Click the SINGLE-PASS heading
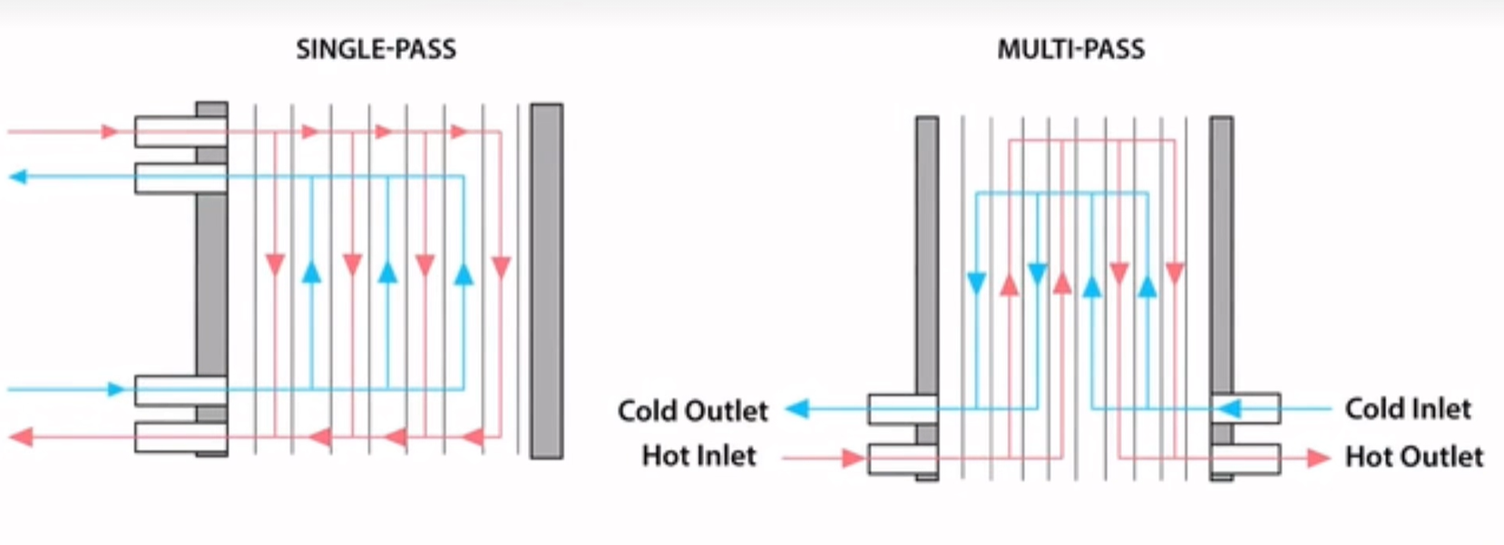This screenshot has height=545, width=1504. [376, 49]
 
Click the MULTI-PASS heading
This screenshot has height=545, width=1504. [1070, 49]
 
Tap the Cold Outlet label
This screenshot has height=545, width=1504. [692, 411]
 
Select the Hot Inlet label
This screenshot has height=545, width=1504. [698, 455]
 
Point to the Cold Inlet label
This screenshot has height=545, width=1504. [1407, 409]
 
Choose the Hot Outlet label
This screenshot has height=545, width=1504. [1413, 456]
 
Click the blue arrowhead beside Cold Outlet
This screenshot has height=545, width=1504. [797, 409]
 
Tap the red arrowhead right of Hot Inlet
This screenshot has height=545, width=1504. [853, 458]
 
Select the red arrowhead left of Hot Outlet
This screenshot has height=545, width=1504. [1318, 458]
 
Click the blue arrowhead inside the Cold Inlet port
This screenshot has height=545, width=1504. [1229, 409]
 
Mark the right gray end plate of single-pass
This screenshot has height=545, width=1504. [546, 280]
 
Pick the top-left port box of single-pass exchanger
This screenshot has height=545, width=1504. [180, 131]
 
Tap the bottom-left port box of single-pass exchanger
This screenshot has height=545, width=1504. [180, 437]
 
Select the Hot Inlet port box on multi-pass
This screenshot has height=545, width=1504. [902, 459]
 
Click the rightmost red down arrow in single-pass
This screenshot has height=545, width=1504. [501, 268]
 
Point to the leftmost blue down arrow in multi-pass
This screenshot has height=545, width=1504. [976, 283]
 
